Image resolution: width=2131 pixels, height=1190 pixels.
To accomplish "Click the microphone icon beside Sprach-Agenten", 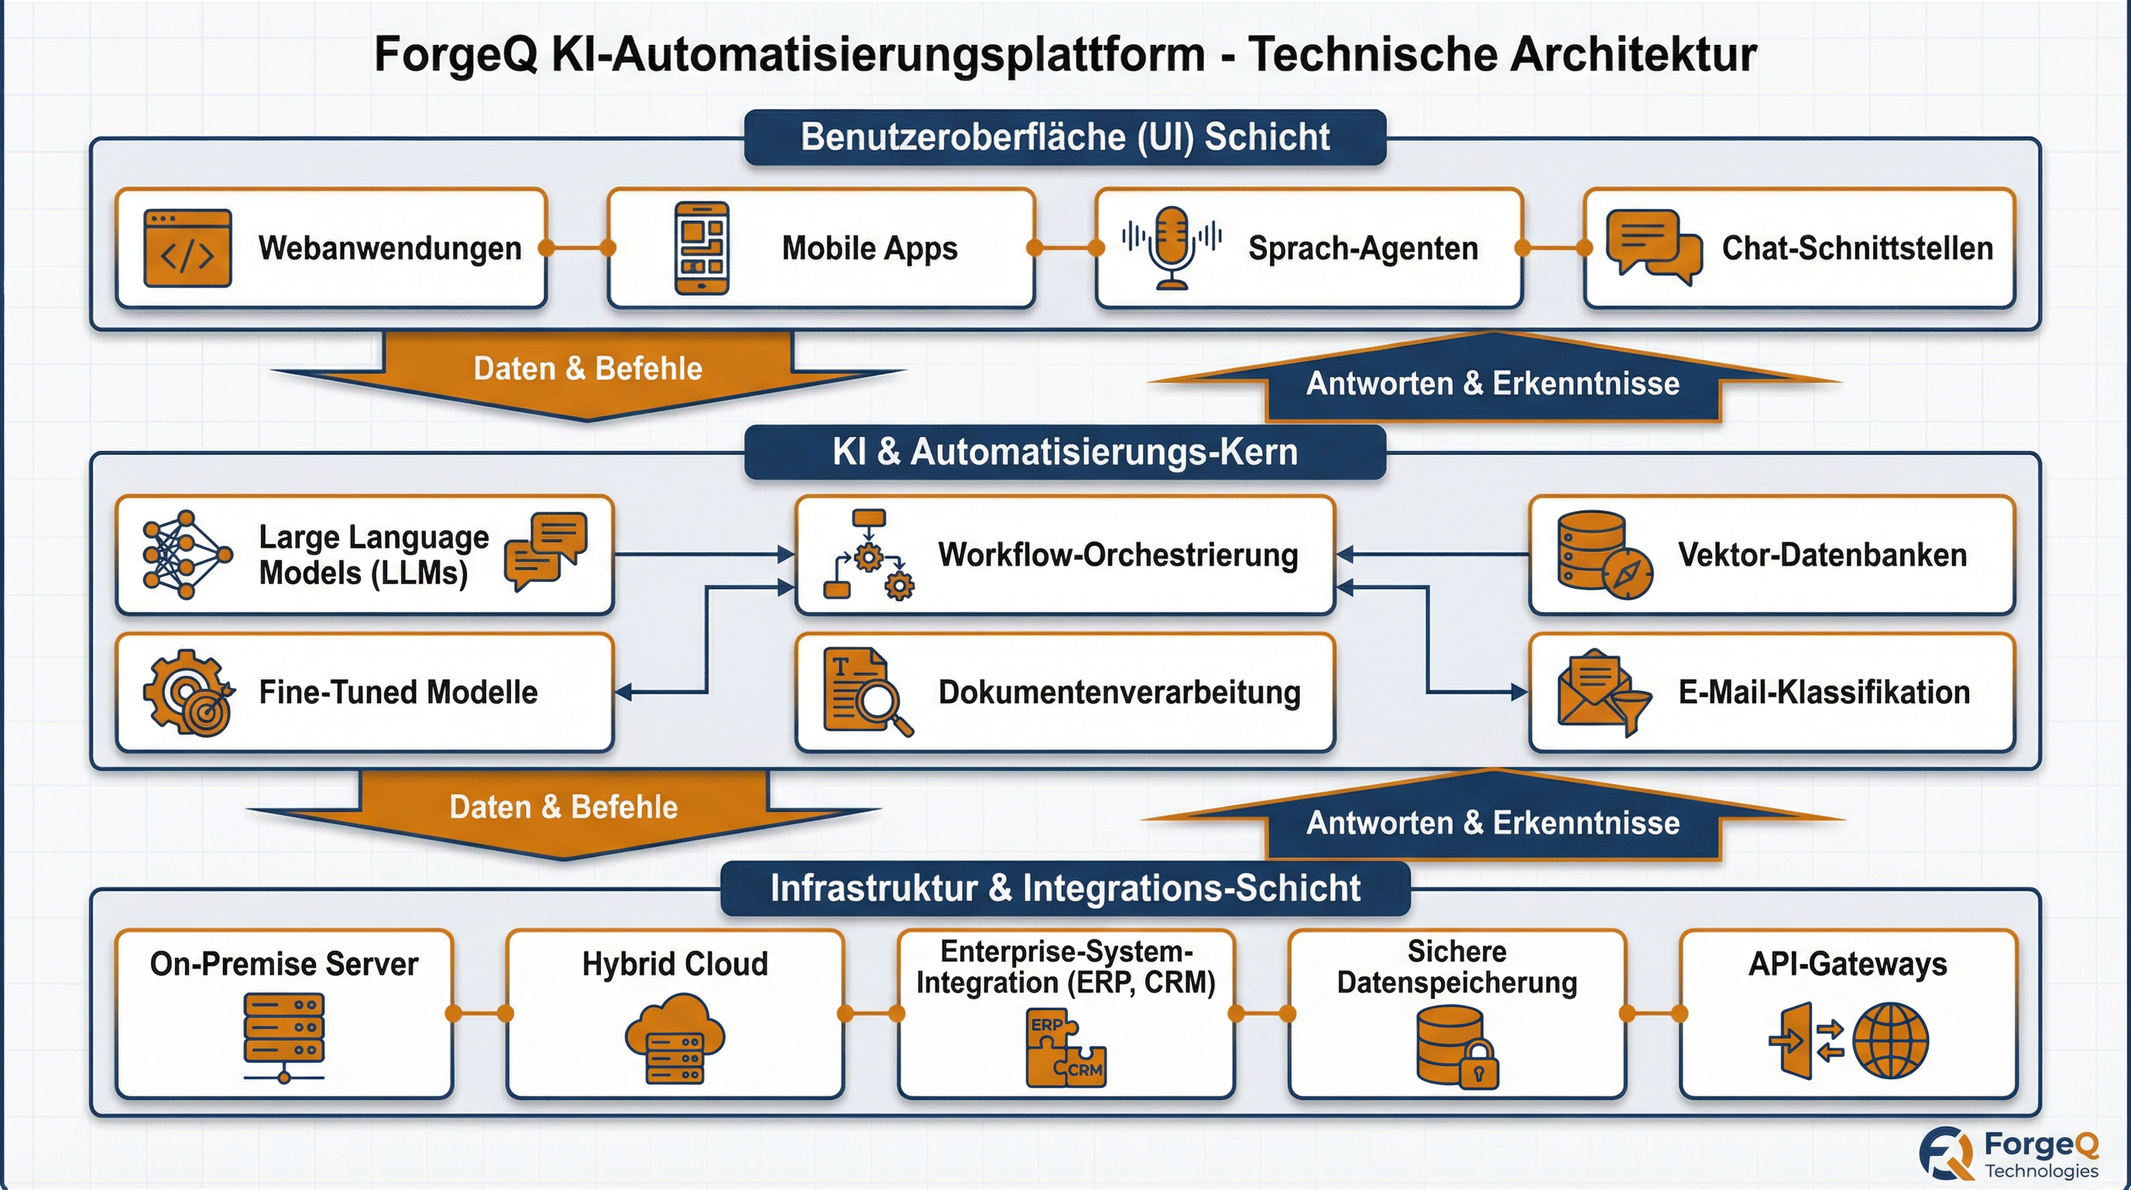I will [1172, 247].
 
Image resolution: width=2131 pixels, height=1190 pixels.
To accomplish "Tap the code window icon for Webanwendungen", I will [187, 248].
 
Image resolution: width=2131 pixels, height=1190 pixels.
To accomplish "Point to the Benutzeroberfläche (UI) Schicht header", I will [1065, 137].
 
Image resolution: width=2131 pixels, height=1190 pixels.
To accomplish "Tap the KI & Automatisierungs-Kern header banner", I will [1065, 452].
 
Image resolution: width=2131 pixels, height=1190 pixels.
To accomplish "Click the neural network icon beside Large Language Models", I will [186, 555].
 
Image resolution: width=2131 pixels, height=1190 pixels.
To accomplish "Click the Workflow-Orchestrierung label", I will [1117, 555].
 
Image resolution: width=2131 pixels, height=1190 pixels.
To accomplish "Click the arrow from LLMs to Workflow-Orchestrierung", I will [703, 555].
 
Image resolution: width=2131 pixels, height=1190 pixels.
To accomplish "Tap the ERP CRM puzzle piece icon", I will [1065, 1047].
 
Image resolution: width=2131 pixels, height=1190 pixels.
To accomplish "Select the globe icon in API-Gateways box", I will [1890, 1040].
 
